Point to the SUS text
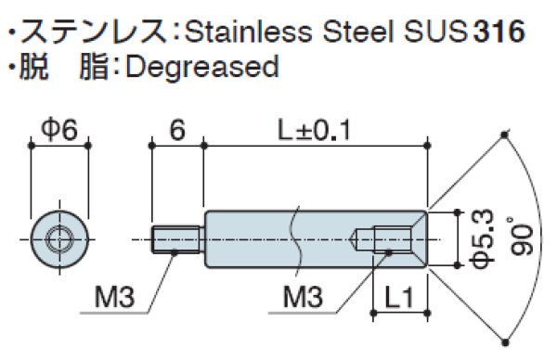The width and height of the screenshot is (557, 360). click(x=435, y=32)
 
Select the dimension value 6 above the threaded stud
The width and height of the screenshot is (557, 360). click(x=177, y=132)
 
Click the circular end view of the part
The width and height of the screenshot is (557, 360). click(x=58, y=239)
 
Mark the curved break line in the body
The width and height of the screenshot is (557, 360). click(x=296, y=239)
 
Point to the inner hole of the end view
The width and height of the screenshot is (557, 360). click(x=58, y=239)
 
